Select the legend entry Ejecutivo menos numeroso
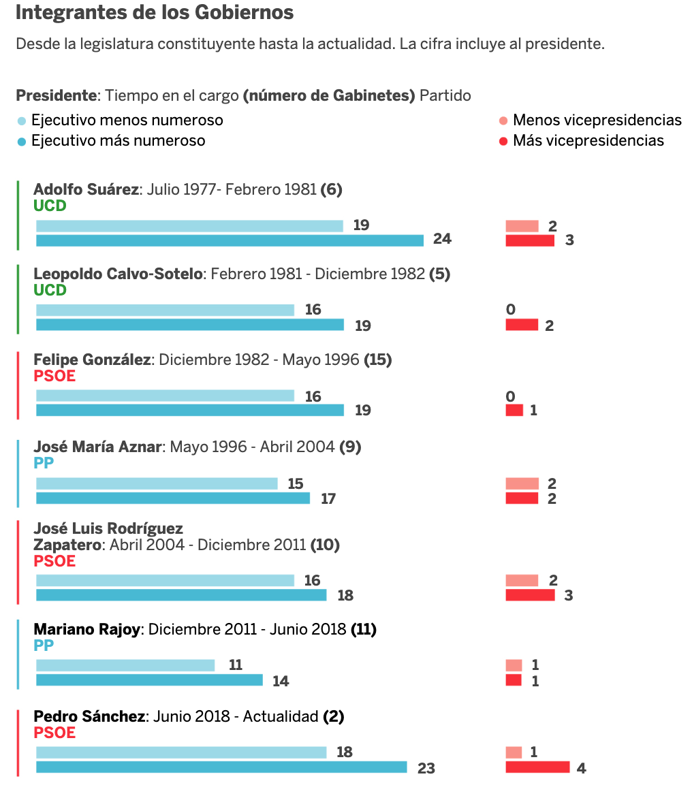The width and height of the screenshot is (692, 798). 127,121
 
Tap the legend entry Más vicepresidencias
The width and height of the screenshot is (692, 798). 588,141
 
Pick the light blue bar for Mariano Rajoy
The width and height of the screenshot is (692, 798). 125,665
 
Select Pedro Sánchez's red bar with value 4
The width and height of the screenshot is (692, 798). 537,767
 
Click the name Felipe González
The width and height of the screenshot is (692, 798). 92,360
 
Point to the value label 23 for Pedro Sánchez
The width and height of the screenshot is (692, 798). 426,768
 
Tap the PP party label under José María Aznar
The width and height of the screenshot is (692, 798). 44,463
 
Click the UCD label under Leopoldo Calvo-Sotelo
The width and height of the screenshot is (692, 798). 50,290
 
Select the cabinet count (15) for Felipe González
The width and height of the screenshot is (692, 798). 378,360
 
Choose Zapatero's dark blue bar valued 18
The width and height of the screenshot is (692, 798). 181,595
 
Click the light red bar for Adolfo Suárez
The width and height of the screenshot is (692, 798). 522,226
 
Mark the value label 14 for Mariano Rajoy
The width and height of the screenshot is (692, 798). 281,681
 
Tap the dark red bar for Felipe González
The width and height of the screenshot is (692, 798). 514,410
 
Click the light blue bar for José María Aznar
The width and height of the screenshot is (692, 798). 157,483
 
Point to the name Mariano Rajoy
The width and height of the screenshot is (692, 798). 86,629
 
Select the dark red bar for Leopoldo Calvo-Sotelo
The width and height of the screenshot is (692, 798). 522,325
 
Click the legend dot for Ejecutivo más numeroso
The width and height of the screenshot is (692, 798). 22,142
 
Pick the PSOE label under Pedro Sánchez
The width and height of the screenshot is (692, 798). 54,733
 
